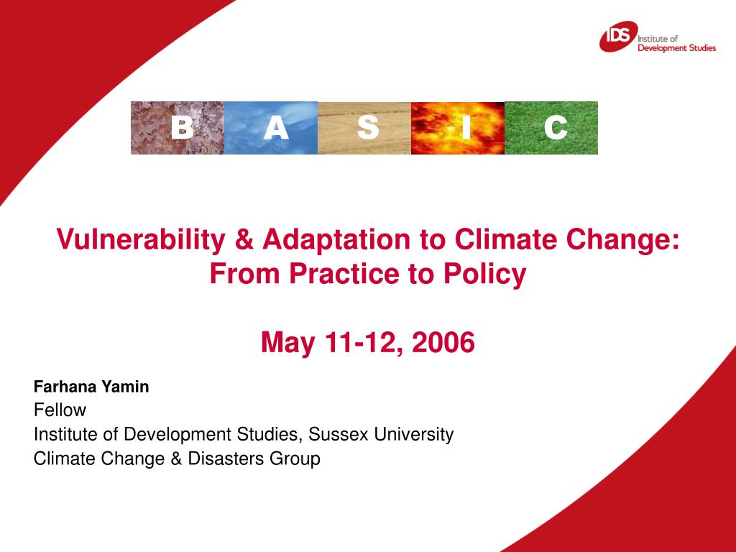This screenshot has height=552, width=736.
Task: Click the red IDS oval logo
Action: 618,36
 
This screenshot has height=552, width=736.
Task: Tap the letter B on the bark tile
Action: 182,128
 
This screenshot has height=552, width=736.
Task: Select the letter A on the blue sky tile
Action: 275,128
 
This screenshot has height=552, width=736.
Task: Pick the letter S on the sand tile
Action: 368,128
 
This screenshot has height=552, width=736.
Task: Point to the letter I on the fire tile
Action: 466,128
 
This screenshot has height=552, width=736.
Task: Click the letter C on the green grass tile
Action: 556,128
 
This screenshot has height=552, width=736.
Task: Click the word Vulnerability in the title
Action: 141,240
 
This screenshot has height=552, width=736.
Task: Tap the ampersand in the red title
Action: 244,240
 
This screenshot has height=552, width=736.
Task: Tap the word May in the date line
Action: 287,344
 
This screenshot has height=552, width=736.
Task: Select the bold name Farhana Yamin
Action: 91,387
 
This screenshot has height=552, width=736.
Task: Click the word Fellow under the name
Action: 60,410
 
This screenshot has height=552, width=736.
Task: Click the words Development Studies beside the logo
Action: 676,48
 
